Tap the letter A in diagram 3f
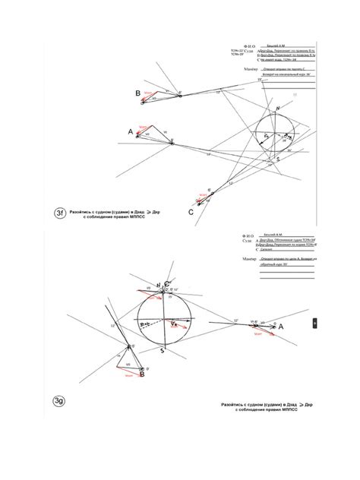point(131,132)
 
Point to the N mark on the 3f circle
point(278,109)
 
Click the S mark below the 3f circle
point(278,159)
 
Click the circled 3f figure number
point(58,213)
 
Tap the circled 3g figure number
point(58,401)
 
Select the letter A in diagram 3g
point(281,326)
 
